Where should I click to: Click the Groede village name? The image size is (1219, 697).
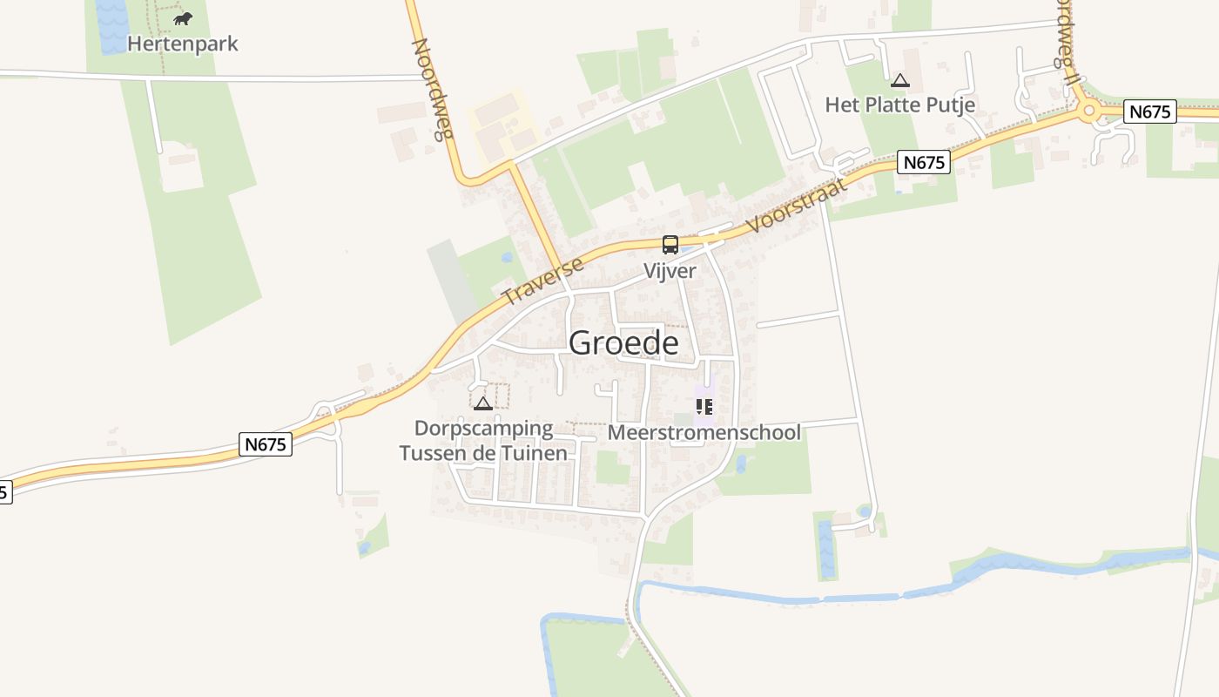pyautogui.click(x=623, y=342)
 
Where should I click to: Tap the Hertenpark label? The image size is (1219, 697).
pyautogui.click(x=182, y=44)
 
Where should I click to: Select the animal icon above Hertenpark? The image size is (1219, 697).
pyautogui.click(x=182, y=17)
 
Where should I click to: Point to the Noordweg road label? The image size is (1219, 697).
pyautogui.click(x=433, y=87)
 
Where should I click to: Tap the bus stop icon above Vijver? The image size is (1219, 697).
pyautogui.click(x=670, y=245)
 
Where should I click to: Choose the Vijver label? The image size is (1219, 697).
pyautogui.click(x=670, y=271)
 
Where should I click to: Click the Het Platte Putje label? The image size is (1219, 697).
pyautogui.click(x=899, y=105)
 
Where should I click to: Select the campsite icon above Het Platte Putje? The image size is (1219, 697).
pyautogui.click(x=899, y=81)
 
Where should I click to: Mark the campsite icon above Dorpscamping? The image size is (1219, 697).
pyautogui.click(x=482, y=403)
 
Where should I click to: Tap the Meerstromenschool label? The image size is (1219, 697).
pyautogui.click(x=704, y=432)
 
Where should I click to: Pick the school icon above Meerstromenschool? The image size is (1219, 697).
pyautogui.click(x=704, y=406)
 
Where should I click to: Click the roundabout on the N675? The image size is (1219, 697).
pyautogui.click(x=1088, y=111)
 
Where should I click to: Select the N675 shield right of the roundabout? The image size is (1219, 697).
pyautogui.click(x=1149, y=112)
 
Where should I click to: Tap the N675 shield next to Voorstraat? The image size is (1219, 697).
pyautogui.click(x=924, y=162)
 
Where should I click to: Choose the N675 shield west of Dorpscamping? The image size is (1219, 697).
pyautogui.click(x=266, y=444)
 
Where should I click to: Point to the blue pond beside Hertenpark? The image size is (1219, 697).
pyautogui.click(x=111, y=26)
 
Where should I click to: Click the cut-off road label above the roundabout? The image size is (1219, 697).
pyautogui.click(x=1067, y=39)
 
